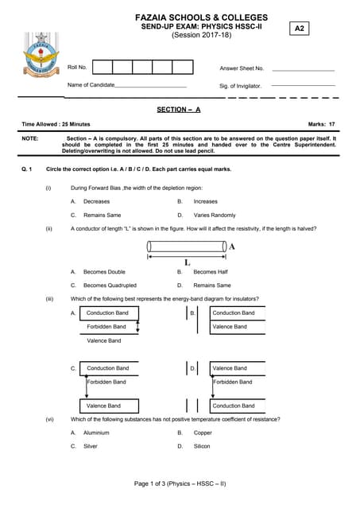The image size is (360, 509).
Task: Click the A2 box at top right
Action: (300, 28)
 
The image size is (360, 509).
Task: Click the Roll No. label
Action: (77, 68)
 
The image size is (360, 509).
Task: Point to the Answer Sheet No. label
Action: (242, 68)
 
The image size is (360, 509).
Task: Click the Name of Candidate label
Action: (91, 85)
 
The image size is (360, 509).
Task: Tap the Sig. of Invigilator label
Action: (240, 86)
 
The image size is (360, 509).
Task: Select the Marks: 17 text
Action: (321, 124)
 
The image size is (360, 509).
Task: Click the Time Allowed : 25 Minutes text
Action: (56, 124)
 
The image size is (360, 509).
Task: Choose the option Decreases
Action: (96, 201)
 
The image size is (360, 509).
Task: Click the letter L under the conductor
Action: (187, 262)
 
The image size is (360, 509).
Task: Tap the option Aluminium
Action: (96, 433)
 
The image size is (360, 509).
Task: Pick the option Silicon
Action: (203, 446)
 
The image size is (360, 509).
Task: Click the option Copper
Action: (203, 433)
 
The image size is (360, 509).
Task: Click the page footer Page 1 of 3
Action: (180, 484)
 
